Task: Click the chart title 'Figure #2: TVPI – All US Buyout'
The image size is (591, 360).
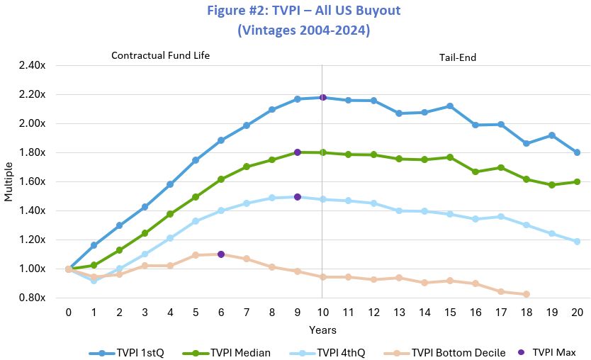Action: [x=304, y=12]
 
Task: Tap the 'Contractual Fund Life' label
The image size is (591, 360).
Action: [x=161, y=55]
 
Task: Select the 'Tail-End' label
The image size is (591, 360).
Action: [x=458, y=55]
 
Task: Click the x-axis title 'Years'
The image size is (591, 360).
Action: [x=322, y=330]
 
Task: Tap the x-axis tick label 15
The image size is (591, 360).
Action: [x=449, y=313]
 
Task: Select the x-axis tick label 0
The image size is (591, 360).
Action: [x=69, y=313]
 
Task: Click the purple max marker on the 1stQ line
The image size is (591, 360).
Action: [x=322, y=97]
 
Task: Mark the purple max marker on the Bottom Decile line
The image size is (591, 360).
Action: [x=221, y=254]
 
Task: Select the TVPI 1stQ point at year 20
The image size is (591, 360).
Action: [x=577, y=152]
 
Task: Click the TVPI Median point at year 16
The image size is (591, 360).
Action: [x=475, y=171]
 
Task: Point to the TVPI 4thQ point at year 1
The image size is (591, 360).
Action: [x=94, y=281]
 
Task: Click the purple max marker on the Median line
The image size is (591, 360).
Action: [x=298, y=152]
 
